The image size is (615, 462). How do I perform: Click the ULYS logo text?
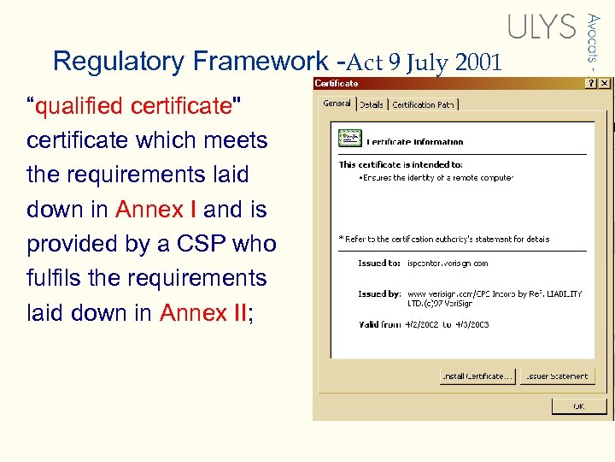point(542,27)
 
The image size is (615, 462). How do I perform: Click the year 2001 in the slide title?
point(478,62)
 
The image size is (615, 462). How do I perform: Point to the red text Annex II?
point(203,313)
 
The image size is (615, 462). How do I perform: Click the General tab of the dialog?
point(337,104)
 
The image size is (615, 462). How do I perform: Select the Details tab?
point(371,104)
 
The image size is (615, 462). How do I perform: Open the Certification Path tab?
point(424,104)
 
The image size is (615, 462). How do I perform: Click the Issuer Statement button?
point(555,376)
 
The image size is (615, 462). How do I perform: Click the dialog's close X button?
point(605,84)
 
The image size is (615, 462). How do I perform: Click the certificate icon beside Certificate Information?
point(349,138)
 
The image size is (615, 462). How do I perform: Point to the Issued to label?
point(379,264)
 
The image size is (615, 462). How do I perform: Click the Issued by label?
point(379,293)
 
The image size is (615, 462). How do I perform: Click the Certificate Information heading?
point(415,142)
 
